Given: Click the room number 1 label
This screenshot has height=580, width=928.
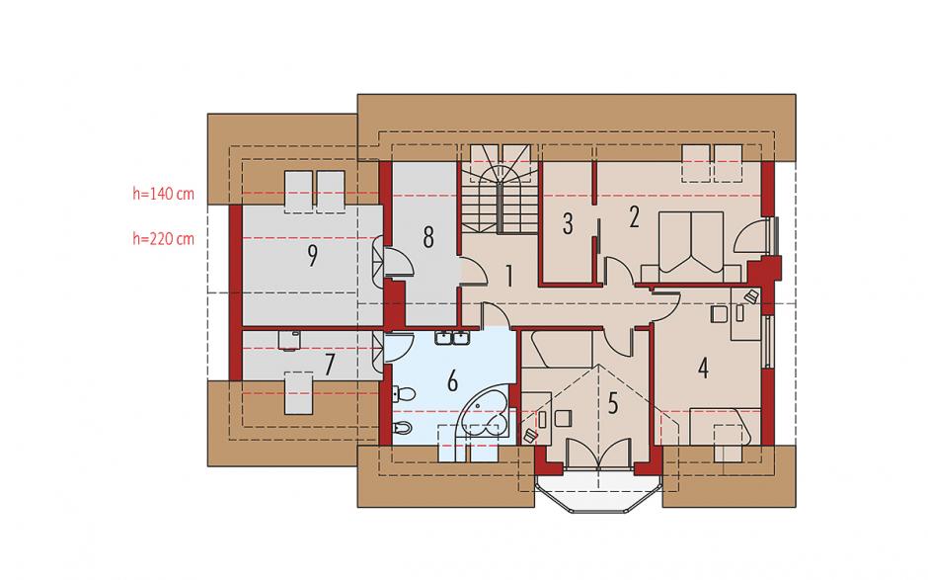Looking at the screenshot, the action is pyautogui.click(x=508, y=277).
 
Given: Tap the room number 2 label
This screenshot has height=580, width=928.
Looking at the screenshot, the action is pyautogui.click(x=634, y=217).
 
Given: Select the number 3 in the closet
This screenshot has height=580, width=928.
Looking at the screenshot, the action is pyautogui.click(x=568, y=224).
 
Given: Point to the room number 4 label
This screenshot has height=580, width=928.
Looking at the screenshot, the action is pyautogui.click(x=703, y=369).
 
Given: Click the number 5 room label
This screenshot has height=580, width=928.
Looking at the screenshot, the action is pyautogui.click(x=612, y=403).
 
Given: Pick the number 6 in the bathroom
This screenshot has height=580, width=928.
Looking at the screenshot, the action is pyautogui.click(x=452, y=381).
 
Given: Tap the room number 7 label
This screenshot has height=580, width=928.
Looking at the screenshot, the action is pyautogui.click(x=330, y=366).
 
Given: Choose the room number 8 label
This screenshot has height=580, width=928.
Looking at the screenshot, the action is pyautogui.click(x=427, y=237).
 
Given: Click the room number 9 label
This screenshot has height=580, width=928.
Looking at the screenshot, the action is pyautogui.click(x=312, y=256).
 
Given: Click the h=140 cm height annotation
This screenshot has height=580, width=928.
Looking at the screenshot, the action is pyautogui.click(x=163, y=194).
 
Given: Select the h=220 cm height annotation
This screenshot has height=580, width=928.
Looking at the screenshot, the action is pyautogui.click(x=163, y=239).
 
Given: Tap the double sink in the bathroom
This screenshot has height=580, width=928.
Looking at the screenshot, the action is pyautogui.click(x=452, y=338).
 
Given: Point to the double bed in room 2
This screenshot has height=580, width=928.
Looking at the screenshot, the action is pyautogui.click(x=691, y=246).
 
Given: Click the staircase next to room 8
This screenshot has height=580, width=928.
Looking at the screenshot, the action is pyautogui.click(x=501, y=190).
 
